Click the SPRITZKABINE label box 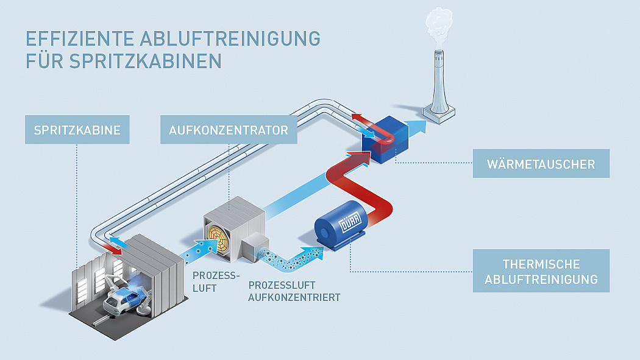point(77,130)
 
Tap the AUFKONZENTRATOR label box point(229,130)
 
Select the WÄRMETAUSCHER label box point(541,163)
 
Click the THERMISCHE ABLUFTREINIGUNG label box point(541,270)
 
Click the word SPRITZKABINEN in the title point(146,61)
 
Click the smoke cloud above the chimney point(439,25)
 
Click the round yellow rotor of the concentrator point(219,239)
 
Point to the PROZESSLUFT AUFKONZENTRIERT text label point(294,291)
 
